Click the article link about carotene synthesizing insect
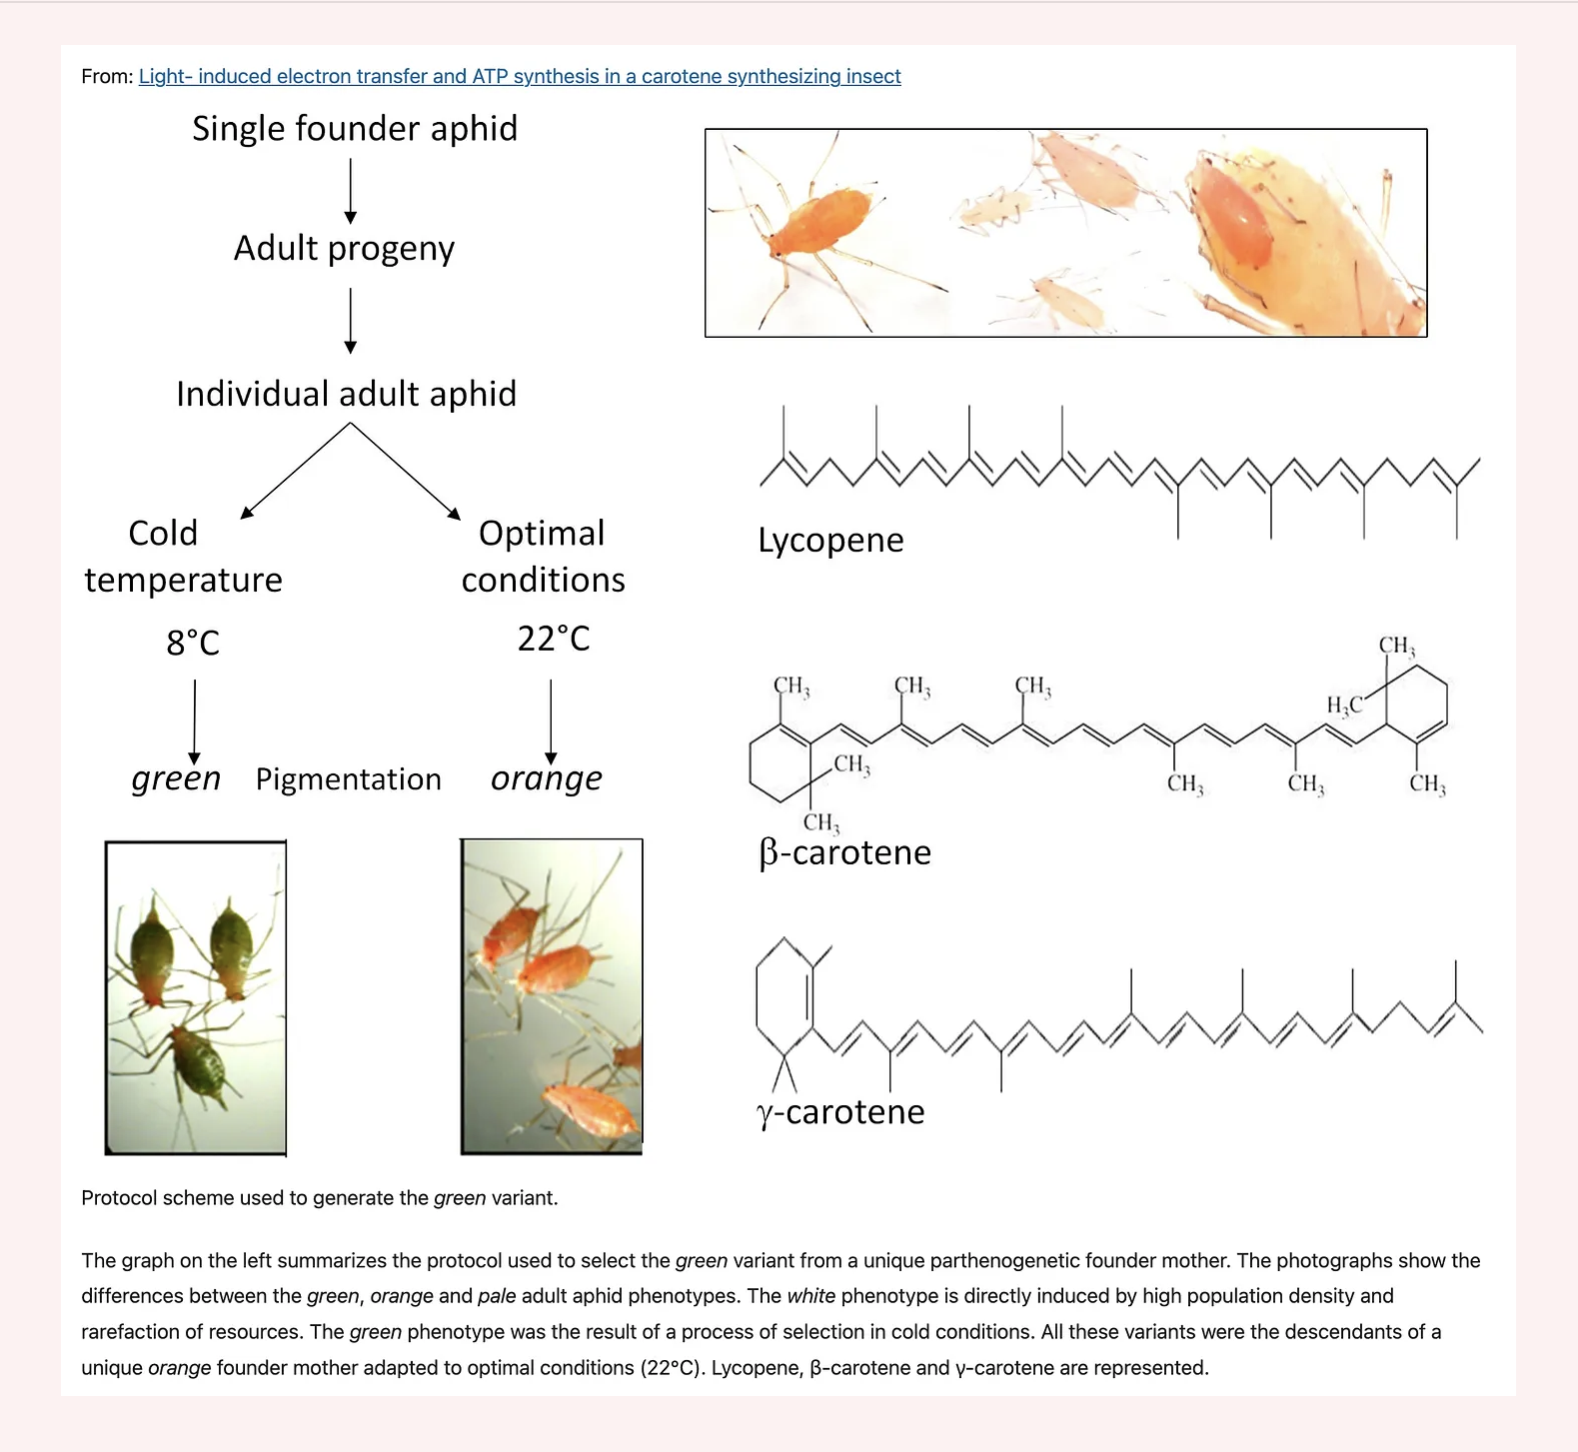(x=520, y=77)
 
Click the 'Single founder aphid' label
(x=355, y=129)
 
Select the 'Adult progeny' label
(x=344, y=248)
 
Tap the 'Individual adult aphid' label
(x=346, y=394)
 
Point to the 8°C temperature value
(x=193, y=643)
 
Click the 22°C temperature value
(x=554, y=639)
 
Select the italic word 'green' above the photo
(x=176, y=778)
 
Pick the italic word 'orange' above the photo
(x=547, y=778)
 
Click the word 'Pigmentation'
(x=348, y=779)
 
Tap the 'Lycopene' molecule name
(x=830, y=541)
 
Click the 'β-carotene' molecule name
(x=844, y=852)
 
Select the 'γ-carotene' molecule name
(x=840, y=1112)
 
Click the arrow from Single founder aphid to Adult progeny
(x=351, y=191)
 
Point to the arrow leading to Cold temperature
(x=295, y=471)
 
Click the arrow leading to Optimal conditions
(x=406, y=471)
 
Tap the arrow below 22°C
(x=551, y=723)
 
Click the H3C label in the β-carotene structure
(x=1344, y=707)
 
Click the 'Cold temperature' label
(x=184, y=557)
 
